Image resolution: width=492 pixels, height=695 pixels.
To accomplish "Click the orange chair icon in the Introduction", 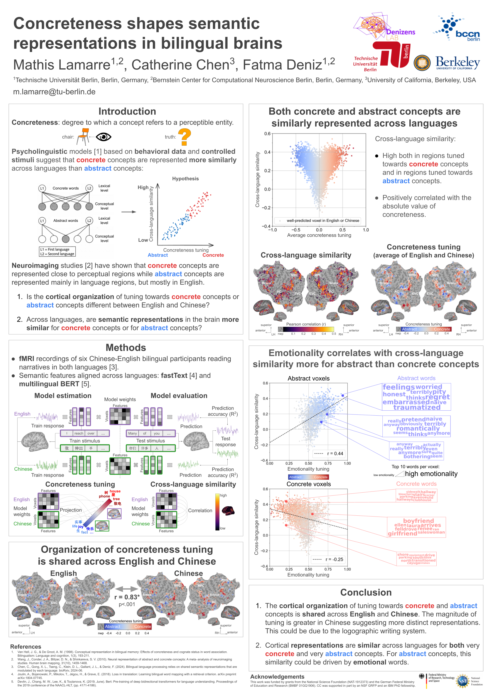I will coord(83,136).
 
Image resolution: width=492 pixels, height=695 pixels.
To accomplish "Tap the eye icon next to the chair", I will coord(104,137).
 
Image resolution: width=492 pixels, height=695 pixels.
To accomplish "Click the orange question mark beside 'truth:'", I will coord(184,137).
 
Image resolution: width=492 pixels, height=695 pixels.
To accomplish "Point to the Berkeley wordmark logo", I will coord(457,62).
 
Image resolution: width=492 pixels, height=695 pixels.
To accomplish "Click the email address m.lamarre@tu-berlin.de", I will coord(54,92).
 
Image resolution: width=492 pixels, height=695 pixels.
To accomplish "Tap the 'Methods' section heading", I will coord(126,348).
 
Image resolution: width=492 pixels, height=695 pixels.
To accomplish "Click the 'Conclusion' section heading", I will coord(366,592).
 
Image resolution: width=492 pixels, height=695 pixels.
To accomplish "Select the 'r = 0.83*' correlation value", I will coord(127,597).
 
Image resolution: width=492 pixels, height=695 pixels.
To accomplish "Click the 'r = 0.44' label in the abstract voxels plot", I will coord(335,453).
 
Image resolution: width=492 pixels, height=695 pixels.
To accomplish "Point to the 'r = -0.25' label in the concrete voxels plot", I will coord(334,559).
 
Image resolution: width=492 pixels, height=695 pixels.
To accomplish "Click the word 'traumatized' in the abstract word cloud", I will coord(417,408).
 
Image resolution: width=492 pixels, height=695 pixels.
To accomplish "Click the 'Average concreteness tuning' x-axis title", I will coord(319,235).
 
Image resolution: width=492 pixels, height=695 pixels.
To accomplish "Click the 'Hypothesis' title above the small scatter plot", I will coord(185,178).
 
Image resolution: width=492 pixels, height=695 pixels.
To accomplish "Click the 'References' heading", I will coord(26,647).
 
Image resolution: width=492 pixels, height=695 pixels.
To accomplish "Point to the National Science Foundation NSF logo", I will coord(463,681).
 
